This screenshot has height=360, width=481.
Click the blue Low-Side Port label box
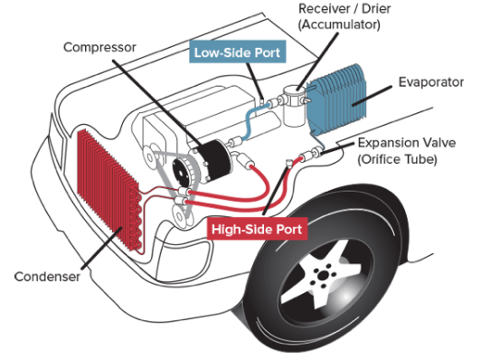238,52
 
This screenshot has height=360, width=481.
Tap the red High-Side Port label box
257,229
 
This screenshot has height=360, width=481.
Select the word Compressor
99,48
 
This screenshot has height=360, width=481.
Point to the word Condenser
47,277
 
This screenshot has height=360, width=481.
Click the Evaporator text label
430,82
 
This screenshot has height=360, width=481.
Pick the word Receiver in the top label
324,9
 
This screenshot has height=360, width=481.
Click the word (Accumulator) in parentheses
339,24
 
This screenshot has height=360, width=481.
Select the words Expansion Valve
407,143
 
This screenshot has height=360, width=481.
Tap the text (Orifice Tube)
397,159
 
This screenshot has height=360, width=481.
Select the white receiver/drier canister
294,106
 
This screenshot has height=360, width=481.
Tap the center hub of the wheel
322,275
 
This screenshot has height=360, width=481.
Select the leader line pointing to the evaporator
373,96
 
